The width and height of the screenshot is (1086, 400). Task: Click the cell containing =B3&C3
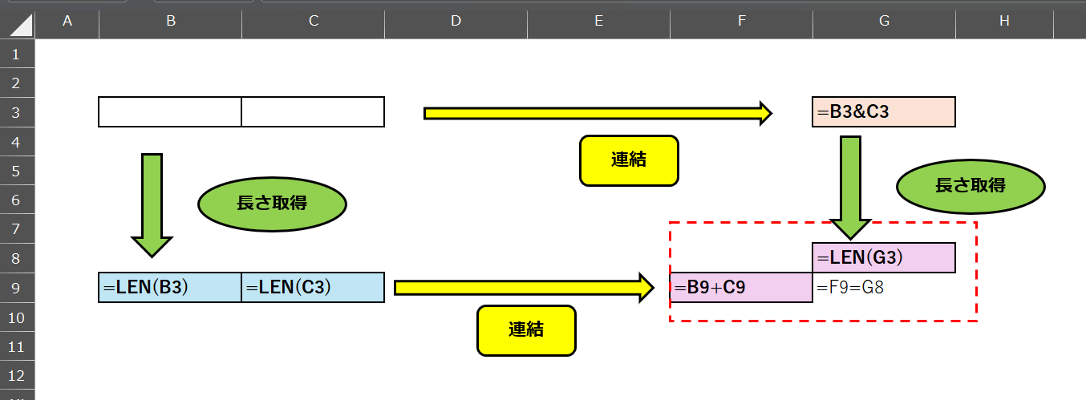point(883,112)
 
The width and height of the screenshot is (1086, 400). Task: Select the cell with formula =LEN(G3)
point(883,258)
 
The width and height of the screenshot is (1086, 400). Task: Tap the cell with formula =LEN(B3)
point(170,287)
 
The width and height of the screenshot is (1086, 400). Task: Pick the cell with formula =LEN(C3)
point(313,287)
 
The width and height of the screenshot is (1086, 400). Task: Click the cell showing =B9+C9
point(741,287)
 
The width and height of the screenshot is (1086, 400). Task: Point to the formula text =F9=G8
point(850,287)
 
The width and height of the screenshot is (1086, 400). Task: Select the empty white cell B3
point(170,112)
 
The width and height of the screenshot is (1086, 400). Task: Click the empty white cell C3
point(313,112)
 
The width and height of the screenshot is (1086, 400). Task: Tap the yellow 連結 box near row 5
point(629,160)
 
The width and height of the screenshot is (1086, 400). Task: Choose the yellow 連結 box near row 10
point(526,329)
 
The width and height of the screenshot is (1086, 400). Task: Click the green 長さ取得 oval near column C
point(272,204)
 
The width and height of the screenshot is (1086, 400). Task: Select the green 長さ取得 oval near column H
point(971,186)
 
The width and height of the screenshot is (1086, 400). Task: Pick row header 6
point(18,200)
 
